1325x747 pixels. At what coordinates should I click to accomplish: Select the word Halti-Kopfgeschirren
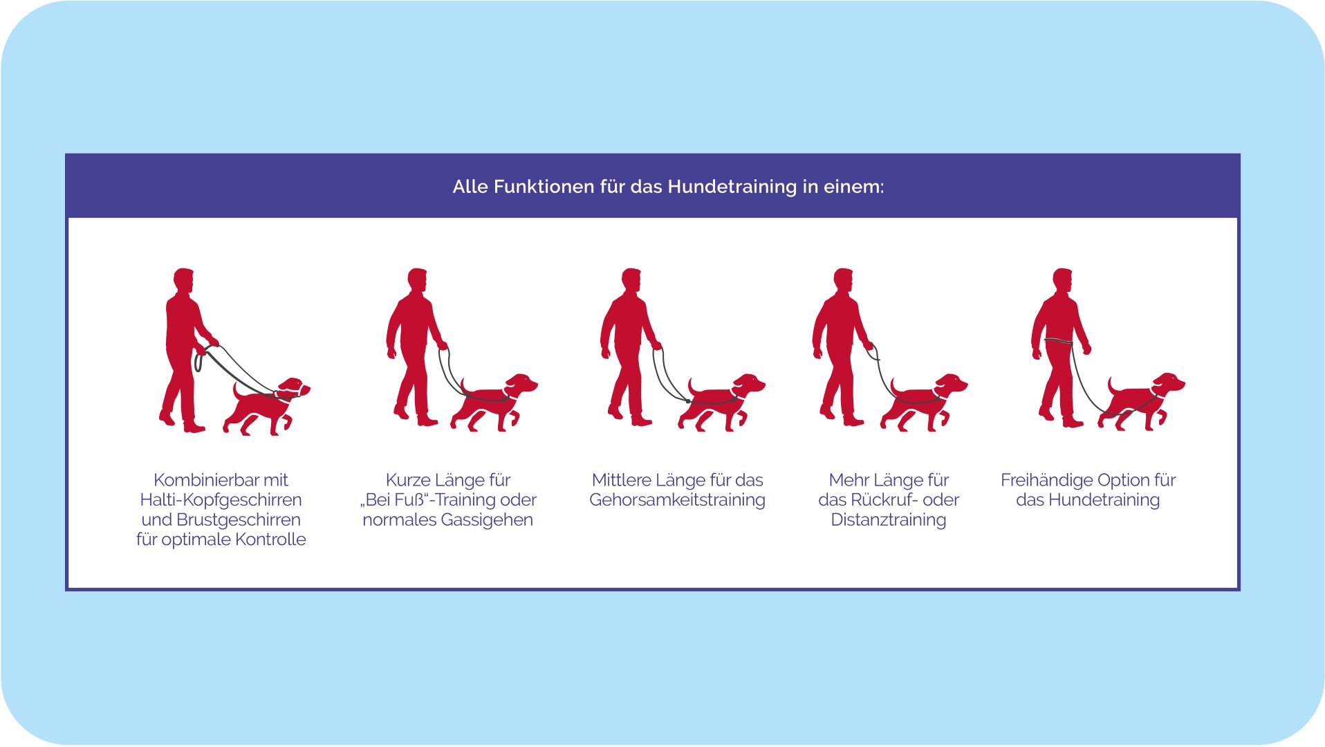(x=221, y=500)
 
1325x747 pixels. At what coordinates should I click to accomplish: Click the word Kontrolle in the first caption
(x=270, y=539)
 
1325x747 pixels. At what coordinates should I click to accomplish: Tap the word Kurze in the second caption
(x=408, y=480)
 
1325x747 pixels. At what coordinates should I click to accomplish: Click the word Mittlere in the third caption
(x=621, y=480)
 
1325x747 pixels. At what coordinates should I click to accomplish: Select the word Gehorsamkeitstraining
(x=677, y=500)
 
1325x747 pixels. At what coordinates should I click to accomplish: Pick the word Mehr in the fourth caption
(x=849, y=480)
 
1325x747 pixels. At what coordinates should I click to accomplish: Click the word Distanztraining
(x=889, y=520)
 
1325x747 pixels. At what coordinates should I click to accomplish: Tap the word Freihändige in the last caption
(x=1046, y=480)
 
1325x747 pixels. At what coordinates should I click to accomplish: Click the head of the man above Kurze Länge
(x=417, y=279)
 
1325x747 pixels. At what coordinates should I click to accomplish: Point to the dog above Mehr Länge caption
(x=924, y=403)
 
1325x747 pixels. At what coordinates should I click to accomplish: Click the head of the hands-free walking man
(x=1063, y=279)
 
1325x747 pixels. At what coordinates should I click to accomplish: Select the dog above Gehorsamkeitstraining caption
(x=721, y=403)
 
